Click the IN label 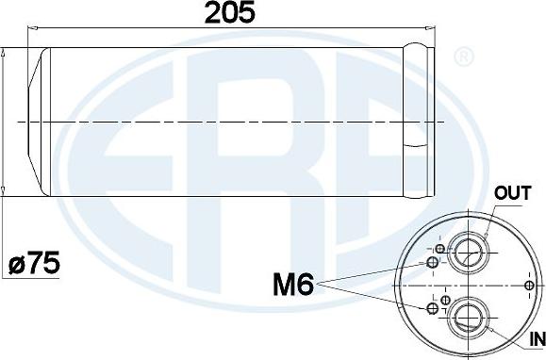pyautogui.click(x=537, y=338)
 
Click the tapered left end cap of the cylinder pyautogui.click(x=36, y=121)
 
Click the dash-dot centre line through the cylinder pyautogui.click(x=226, y=122)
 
